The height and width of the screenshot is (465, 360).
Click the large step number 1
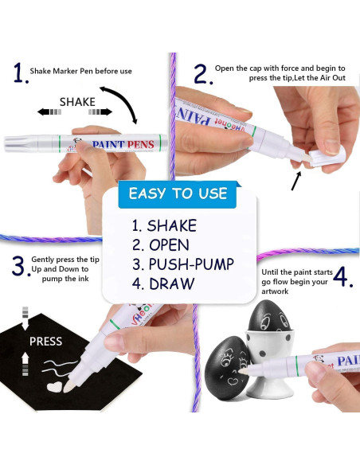click(21, 72)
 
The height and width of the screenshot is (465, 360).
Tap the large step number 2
click(203, 74)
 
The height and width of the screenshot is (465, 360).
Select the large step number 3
click(21, 266)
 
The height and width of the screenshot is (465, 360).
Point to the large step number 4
click(343, 277)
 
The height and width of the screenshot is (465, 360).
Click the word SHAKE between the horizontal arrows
click(77, 102)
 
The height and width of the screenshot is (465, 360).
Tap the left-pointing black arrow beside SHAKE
click(49, 112)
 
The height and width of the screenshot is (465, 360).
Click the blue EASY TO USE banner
click(178, 194)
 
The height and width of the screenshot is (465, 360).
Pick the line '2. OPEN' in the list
click(160, 245)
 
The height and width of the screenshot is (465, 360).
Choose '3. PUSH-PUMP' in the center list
click(183, 264)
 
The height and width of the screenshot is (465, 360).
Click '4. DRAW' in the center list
click(163, 283)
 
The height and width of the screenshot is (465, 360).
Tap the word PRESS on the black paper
click(45, 342)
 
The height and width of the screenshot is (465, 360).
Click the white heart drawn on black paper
click(55, 386)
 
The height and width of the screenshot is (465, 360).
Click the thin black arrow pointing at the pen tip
click(296, 181)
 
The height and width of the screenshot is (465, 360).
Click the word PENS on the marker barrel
click(141, 144)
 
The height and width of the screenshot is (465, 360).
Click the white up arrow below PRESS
click(25, 364)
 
